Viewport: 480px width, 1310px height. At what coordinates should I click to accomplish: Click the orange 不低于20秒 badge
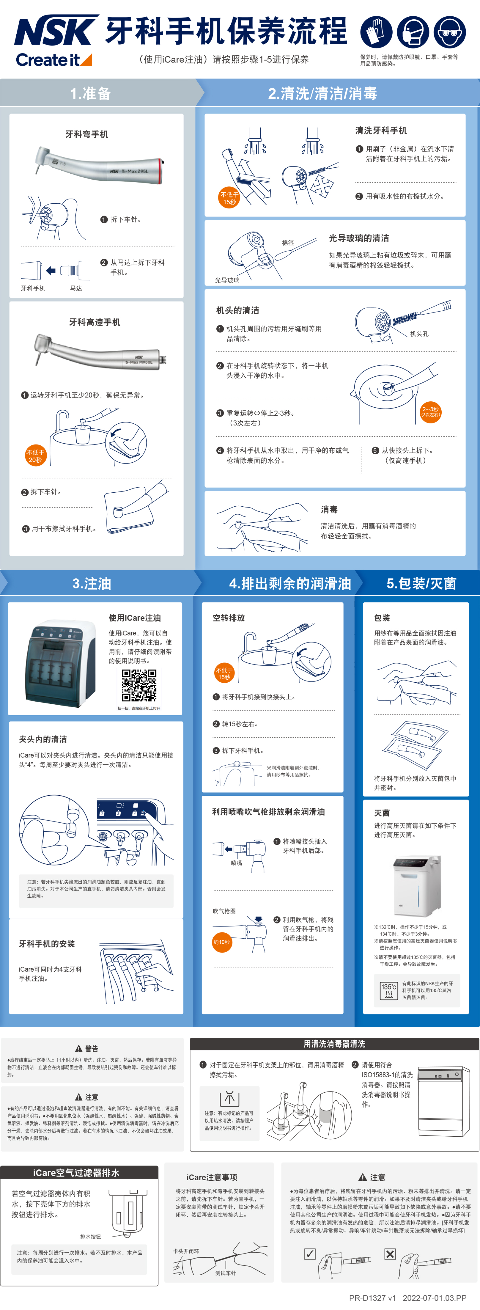coord(35,456)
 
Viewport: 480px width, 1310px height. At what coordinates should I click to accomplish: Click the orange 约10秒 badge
coord(222,942)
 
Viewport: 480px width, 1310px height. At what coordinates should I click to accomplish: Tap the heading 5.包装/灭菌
coord(421,583)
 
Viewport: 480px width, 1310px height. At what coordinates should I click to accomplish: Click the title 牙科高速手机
coord(95,322)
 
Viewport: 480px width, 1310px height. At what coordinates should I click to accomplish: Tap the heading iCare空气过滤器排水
coord(76,1173)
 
